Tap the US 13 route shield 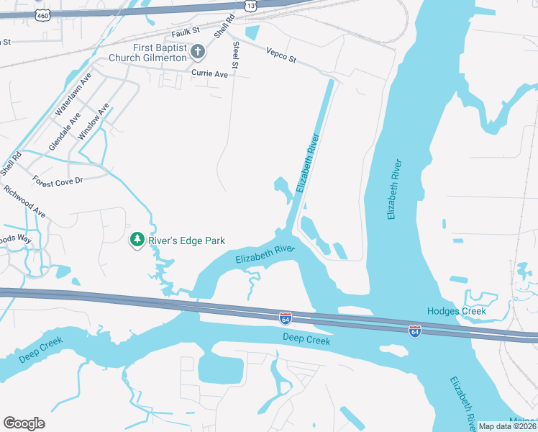click(x=250, y=6)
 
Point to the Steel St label click(x=235, y=56)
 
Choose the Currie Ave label click(x=209, y=73)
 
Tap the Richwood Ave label click(x=24, y=202)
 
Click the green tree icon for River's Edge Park click(x=136, y=240)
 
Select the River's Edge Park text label click(x=187, y=240)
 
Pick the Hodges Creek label click(x=457, y=311)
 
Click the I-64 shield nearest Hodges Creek click(x=415, y=330)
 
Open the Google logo click(x=24, y=423)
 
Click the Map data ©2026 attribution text click(x=507, y=426)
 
